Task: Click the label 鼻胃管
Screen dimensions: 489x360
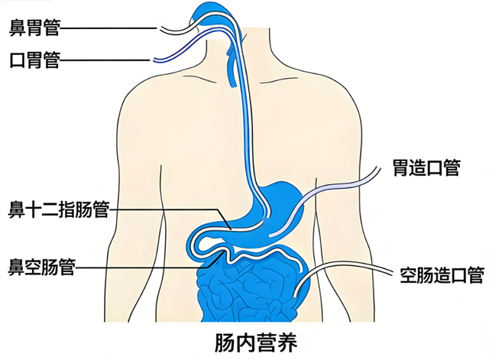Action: tap(34, 28)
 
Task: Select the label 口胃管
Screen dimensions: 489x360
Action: tap(34, 60)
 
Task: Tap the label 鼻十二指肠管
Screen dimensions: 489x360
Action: tap(59, 209)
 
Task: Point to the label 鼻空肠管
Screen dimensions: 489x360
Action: tap(42, 267)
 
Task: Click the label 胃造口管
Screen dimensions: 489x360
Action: tap(426, 168)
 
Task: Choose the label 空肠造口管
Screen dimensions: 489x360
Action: tap(442, 275)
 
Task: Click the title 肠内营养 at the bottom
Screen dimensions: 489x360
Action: tap(256, 342)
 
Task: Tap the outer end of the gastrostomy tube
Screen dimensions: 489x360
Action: tap(379, 169)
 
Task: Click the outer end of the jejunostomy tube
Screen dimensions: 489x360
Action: tap(391, 274)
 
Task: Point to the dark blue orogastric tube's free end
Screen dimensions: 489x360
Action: tap(154, 60)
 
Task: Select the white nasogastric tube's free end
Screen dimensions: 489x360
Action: tap(161, 29)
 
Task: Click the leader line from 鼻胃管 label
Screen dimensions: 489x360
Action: tap(108, 28)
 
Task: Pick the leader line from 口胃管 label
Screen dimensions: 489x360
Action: tap(105, 60)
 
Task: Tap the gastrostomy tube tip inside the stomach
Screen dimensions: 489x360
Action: tap(270, 235)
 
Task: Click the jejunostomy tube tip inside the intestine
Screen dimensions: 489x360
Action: tap(294, 295)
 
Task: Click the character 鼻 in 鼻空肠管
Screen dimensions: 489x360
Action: tap(17, 267)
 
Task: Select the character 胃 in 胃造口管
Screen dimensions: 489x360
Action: tap(400, 168)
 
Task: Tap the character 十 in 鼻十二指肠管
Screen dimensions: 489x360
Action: tap(34, 209)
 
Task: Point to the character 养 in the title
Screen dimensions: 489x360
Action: tap(287, 342)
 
